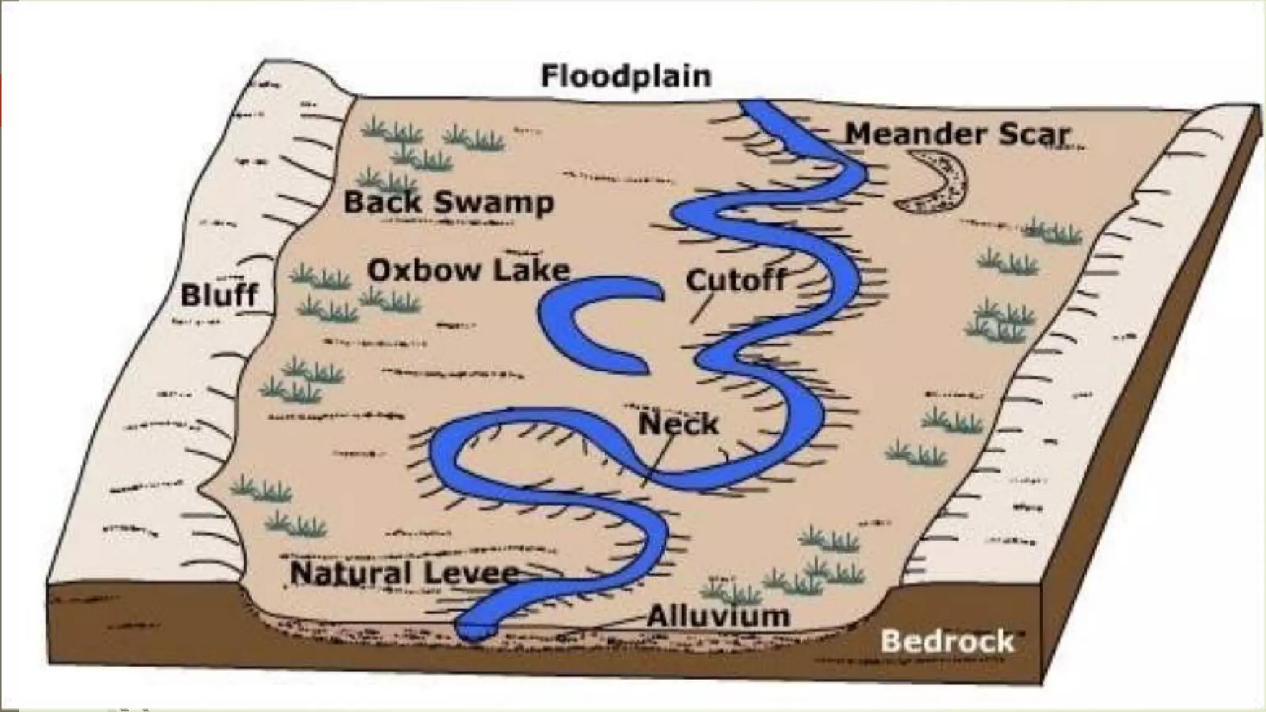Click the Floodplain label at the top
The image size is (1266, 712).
(x=626, y=76)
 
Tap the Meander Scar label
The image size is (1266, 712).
(x=956, y=134)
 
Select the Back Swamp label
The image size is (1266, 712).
(x=448, y=202)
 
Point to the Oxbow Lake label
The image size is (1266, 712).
(x=468, y=270)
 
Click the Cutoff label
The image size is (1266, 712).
(x=736, y=280)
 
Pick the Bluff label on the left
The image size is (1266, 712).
(x=219, y=295)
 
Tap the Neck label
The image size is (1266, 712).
(x=678, y=424)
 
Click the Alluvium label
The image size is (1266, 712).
(x=718, y=616)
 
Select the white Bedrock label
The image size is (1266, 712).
(x=946, y=642)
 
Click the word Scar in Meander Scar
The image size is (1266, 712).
(x=1034, y=134)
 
